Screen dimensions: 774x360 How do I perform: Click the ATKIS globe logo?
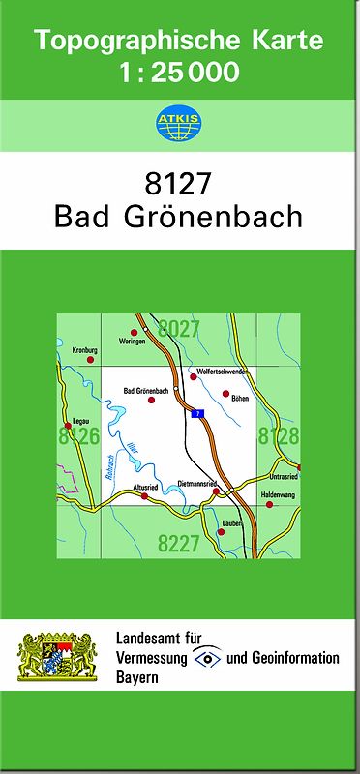[x=179, y=123]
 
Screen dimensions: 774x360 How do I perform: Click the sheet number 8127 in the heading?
[x=178, y=183]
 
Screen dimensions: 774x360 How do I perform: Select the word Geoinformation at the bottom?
[x=294, y=658]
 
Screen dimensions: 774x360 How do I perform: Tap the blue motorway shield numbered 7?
[x=198, y=413]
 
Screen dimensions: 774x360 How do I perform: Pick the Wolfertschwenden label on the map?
[x=223, y=372]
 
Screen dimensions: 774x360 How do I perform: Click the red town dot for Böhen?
[x=225, y=394]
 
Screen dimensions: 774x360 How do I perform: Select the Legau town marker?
[x=68, y=426]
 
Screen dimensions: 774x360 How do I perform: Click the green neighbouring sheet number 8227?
[x=179, y=542]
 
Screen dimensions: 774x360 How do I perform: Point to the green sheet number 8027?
[x=179, y=329]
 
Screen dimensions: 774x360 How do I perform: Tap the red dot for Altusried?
[x=144, y=496]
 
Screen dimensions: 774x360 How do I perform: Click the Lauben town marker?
[x=239, y=531]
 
